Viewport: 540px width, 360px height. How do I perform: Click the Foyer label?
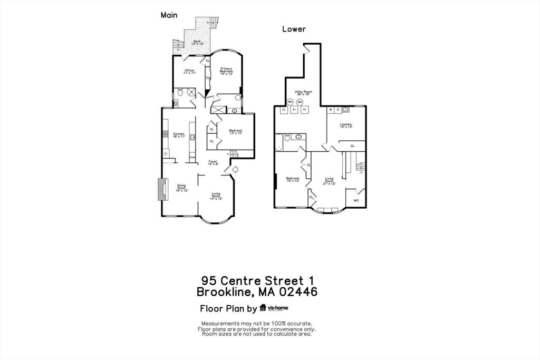213,162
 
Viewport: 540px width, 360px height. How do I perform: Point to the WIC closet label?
355,201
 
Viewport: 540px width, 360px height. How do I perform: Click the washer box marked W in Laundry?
331,110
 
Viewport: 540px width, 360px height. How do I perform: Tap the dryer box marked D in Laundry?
337,110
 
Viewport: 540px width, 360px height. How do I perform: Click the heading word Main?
169,15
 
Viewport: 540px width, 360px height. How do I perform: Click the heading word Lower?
294,29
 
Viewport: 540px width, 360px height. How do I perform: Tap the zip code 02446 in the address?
296,291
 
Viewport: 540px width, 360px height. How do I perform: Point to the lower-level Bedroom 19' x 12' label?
292,180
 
